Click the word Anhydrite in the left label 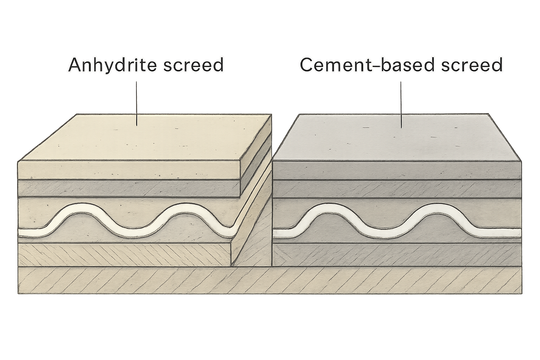pos(113,65)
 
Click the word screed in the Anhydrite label pos(194,65)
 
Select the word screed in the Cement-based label pos(472,65)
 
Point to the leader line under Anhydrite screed pos(137,103)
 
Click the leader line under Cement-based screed pos(401,105)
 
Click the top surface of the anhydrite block pos(144,137)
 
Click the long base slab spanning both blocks pos(270,280)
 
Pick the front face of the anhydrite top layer pos(130,170)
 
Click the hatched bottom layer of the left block pos(124,255)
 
